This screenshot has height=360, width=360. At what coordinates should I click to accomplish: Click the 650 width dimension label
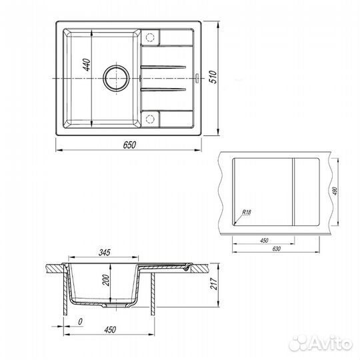(x=129, y=145)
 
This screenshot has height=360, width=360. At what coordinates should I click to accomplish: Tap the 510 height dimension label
(x=213, y=77)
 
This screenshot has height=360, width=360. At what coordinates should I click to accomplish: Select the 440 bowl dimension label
(x=87, y=65)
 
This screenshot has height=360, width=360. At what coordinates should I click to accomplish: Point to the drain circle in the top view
(x=117, y=78)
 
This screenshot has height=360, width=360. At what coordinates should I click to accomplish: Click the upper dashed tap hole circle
(x=150, y=37)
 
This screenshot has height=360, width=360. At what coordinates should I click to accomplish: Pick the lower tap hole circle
(x=150, y=119)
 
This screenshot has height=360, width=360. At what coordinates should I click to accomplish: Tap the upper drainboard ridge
(x=163, y=67)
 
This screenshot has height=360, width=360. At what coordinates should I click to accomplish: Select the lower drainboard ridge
(x=163, y=89)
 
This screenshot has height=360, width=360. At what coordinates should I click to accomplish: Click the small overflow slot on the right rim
(x=197, y=78)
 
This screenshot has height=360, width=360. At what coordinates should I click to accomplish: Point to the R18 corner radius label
(x=247, y=212)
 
